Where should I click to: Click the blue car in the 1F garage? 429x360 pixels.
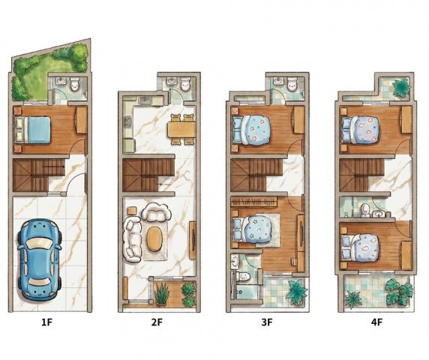39,259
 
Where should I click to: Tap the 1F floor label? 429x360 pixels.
46,322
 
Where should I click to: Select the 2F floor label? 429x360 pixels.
157,322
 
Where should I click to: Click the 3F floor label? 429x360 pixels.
267,322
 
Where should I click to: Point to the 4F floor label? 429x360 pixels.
376,322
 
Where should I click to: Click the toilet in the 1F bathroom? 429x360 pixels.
74,84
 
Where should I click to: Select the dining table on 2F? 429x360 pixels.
181,130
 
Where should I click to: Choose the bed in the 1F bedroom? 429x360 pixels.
33,130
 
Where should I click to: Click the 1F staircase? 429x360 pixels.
38,175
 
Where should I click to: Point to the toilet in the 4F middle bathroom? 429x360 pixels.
364,210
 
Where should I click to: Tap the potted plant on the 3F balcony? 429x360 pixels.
296,292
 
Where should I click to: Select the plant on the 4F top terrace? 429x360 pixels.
401,86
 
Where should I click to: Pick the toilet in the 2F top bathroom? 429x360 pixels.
186,84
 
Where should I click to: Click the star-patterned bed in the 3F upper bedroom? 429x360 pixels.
252,130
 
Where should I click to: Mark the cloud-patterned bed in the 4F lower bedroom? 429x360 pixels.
361,248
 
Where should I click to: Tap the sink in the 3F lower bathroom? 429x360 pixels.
235,262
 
